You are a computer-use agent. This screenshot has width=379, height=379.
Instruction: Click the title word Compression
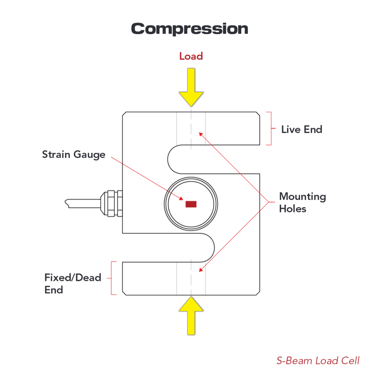click(x=189, y=29)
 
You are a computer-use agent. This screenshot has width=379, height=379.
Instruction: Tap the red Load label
click(x=191, y=56)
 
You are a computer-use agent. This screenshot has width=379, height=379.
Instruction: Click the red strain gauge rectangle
click(x=191, y=204)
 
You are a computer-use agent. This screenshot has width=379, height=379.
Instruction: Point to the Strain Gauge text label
click(x=74, y=155)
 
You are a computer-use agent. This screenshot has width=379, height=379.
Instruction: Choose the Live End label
click(x=302, y=130)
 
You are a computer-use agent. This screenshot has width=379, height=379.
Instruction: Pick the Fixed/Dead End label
click(x=73, y=284)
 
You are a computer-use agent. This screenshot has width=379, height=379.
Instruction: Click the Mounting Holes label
click(x=302, y=202)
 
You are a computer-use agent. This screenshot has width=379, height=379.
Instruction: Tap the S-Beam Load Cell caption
click(x=318, y=360)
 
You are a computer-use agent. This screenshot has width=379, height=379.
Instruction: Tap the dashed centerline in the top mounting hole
click(x=191, y=130)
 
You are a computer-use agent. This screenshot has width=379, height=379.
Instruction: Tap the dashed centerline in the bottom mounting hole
click(x=191, y=278)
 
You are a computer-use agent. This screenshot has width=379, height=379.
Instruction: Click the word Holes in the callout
click(x=293, y=209)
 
